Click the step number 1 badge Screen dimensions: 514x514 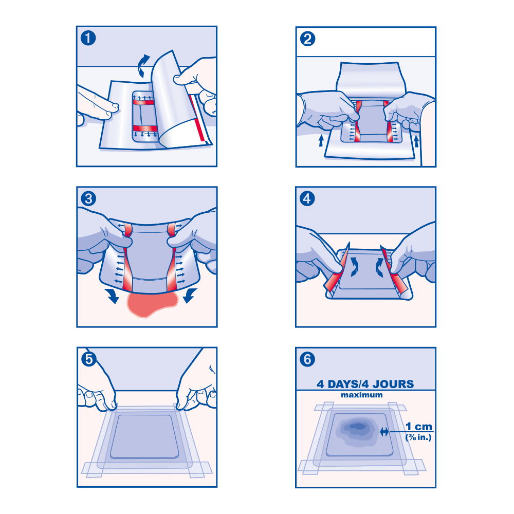click(x=88, y=38)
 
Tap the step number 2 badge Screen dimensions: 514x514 click(x=307, y=39)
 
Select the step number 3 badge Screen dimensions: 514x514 click(x=88, y=198)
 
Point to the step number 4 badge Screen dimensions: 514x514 click(x=307, y=198)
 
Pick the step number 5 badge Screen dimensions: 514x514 click(x=89, y=359)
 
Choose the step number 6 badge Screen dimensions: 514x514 click(x=307, y=359)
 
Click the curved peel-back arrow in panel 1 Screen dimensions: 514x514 click(x=143, y=66)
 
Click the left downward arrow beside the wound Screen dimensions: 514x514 click(x=113, y=296)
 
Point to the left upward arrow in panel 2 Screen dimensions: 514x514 click(x=321, y=141)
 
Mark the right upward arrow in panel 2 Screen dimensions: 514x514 click(x=416, y=141)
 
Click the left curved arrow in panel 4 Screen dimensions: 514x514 click(x=354, y=266)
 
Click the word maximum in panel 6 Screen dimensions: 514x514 click(x=361, y=395)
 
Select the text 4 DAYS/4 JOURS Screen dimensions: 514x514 click(x=365, y=384)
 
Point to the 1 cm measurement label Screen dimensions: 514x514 click(x=418, y=427)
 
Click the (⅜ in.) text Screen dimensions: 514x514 click(x=418, y=437)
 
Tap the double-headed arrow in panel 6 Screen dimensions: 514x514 click(x=384, y=432)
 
